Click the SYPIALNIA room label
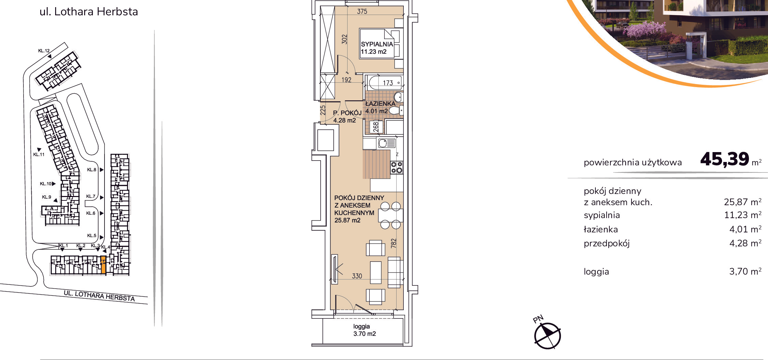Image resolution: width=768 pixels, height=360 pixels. pos(377,44)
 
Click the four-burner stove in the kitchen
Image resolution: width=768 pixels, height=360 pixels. pos(397,167)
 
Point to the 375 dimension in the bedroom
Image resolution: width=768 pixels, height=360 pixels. pos(362,12)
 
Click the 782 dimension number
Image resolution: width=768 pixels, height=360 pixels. pos(394,243)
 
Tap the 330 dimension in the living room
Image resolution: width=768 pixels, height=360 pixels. pos(357,276)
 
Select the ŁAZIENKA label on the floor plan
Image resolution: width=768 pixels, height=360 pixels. pos(380,103)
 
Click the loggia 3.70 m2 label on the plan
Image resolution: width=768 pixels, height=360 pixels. pos(364,330)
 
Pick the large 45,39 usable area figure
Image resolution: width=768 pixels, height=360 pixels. pos(725,159)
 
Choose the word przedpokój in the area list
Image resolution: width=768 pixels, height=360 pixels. pos(607,244)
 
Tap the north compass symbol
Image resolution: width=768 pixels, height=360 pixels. pos(547,336)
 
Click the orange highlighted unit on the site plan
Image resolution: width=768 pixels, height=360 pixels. pos(103,265)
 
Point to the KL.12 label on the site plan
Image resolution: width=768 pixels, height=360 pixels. pos(44,51)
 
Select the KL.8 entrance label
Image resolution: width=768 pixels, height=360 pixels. pos(92,169)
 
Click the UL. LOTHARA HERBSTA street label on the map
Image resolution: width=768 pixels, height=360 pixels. pos(99,296)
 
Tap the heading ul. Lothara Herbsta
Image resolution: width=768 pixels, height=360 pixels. pos(89,12)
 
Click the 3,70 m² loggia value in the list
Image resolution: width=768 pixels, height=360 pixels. pos(745,272)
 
